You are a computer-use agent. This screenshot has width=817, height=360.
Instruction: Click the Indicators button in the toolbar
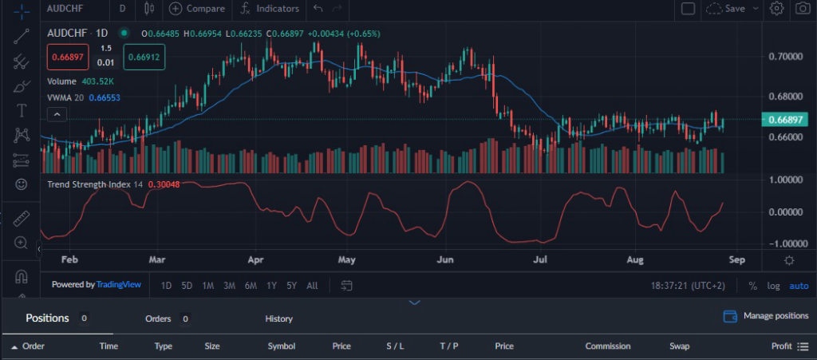point(270,9)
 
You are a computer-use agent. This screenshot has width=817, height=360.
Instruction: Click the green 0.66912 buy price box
point(144,57)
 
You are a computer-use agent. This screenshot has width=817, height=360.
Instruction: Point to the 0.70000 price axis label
point(785,57)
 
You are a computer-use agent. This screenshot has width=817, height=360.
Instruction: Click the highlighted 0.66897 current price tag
point(785,120)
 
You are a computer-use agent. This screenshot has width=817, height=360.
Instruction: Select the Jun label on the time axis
point(446,260)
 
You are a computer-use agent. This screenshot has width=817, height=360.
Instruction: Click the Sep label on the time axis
point(736,260)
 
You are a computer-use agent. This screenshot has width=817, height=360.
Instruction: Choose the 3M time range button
point(229,286)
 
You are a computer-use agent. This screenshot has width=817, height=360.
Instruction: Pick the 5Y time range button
point(291,286)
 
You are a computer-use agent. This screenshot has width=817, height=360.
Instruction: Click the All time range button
point(312,286)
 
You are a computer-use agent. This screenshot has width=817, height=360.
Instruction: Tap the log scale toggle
point(774,286)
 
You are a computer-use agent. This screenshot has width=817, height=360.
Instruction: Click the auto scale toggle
point(799,286)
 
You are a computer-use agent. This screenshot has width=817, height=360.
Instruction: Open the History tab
point(278,318)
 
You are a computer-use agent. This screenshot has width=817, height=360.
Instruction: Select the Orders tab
point(158,318)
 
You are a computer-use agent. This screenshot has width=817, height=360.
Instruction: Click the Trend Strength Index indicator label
point(89,184)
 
